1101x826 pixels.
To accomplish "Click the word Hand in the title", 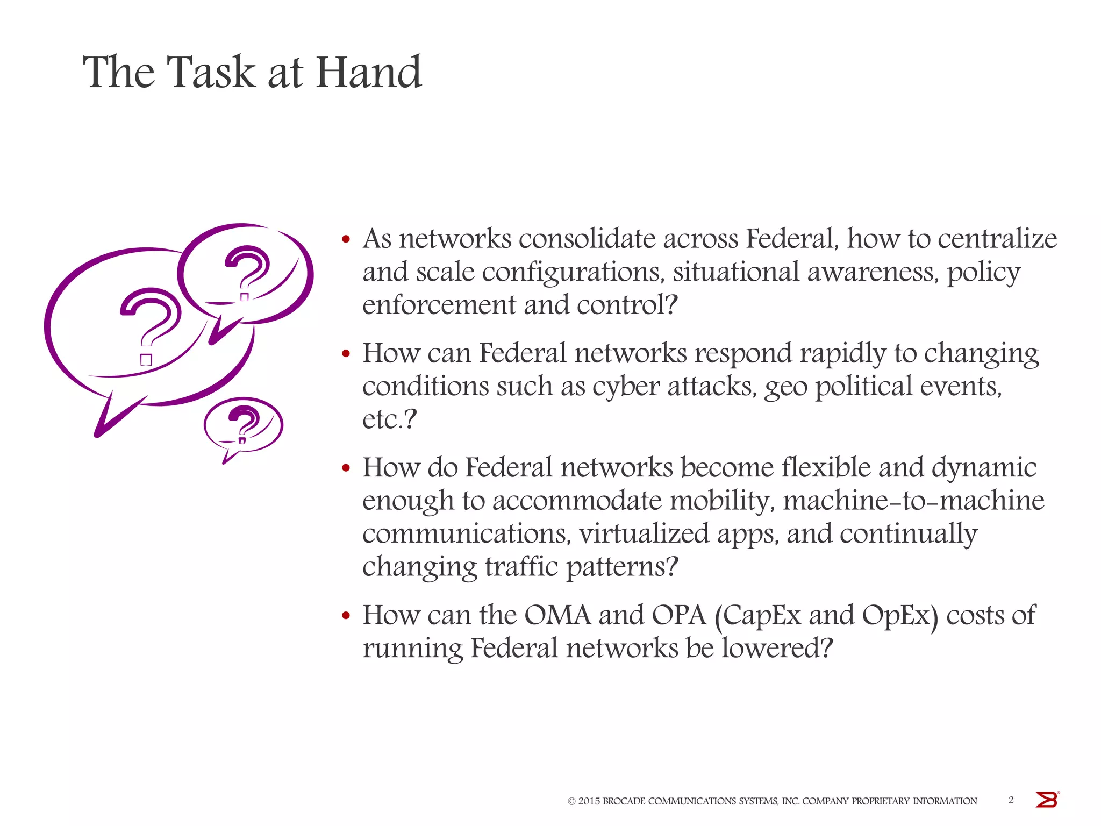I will coord(368,72).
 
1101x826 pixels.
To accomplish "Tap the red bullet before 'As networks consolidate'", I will coord(346,239).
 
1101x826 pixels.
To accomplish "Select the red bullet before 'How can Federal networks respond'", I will coord(346,354).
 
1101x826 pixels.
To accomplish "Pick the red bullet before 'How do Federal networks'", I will coord(346,468).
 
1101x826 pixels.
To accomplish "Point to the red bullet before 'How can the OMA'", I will coord(346,616).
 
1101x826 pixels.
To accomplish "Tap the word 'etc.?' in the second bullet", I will coord(389,420).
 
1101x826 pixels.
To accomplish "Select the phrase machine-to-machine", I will coord(913,501).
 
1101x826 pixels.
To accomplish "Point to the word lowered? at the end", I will coord(777,648).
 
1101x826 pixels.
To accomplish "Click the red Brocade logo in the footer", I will coord(1046,800).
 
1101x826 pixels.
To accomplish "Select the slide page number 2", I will coord(1011,800).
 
